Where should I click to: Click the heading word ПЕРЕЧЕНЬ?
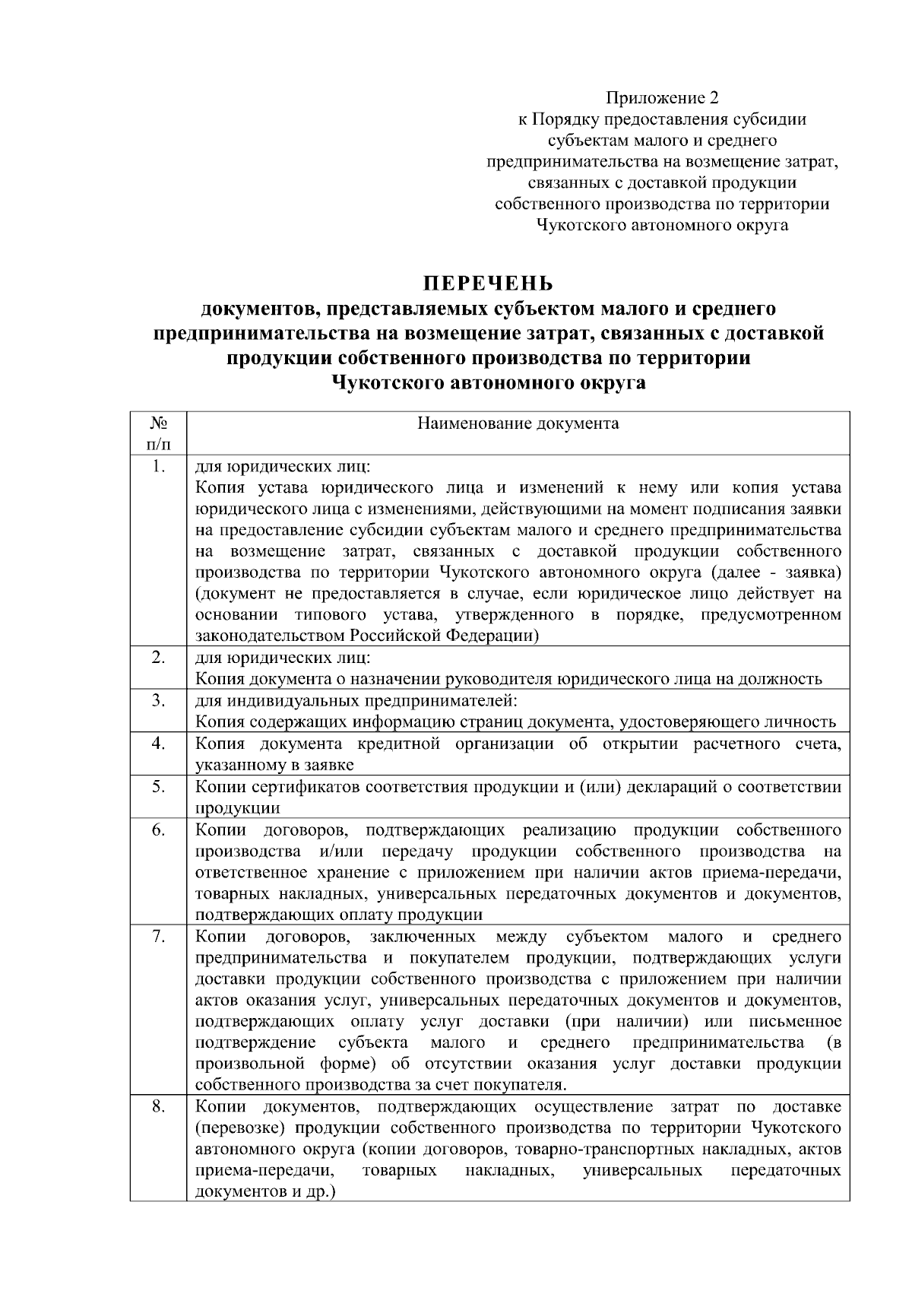coord(489,284)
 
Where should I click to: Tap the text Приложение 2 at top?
coord(661,98)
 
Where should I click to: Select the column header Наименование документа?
coord(518,423)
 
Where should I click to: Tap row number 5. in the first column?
coord(158,787)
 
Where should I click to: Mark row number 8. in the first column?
coord(158,1106)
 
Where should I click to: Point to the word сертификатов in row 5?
coord(314,787)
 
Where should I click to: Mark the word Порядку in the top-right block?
coord(565,119)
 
